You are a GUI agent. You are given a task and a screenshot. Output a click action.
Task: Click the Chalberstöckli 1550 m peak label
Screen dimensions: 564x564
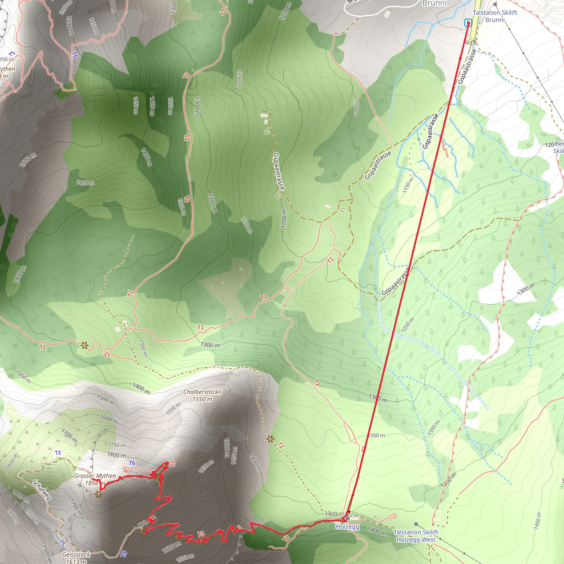(202, 395)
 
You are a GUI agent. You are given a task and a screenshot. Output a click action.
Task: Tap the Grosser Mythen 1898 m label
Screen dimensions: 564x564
(95, 479)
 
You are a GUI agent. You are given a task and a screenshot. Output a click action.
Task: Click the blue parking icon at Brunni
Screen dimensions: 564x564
(468, 23)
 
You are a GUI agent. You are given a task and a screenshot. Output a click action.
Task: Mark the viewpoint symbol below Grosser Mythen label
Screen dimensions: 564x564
(99, 494)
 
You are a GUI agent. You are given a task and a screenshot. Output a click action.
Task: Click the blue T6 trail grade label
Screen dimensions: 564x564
(132, 463)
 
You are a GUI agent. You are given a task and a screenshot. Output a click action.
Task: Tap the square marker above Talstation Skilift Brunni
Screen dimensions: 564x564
(495, 4)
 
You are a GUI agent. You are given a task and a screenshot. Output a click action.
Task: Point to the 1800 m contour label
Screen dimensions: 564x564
(116, 455)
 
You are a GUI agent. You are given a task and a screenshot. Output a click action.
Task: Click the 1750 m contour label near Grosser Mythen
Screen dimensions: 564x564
(117, 445)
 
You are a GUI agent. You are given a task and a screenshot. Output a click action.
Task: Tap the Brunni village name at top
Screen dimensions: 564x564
(434, 3)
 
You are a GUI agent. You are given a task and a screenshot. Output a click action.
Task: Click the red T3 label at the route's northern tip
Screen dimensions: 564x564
(172, 463)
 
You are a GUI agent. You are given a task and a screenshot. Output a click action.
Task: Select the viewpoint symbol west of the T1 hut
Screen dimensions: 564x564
(85, 346)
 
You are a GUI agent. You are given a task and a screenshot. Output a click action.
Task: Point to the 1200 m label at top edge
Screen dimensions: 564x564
(285, 11)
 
